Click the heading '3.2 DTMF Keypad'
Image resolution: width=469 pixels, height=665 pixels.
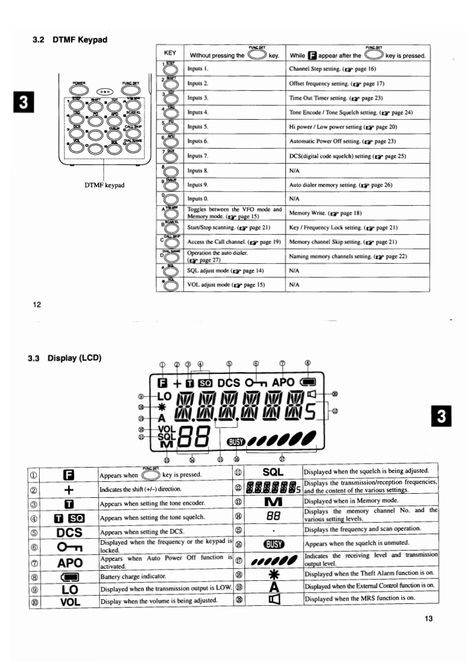click(x=69, y=40)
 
